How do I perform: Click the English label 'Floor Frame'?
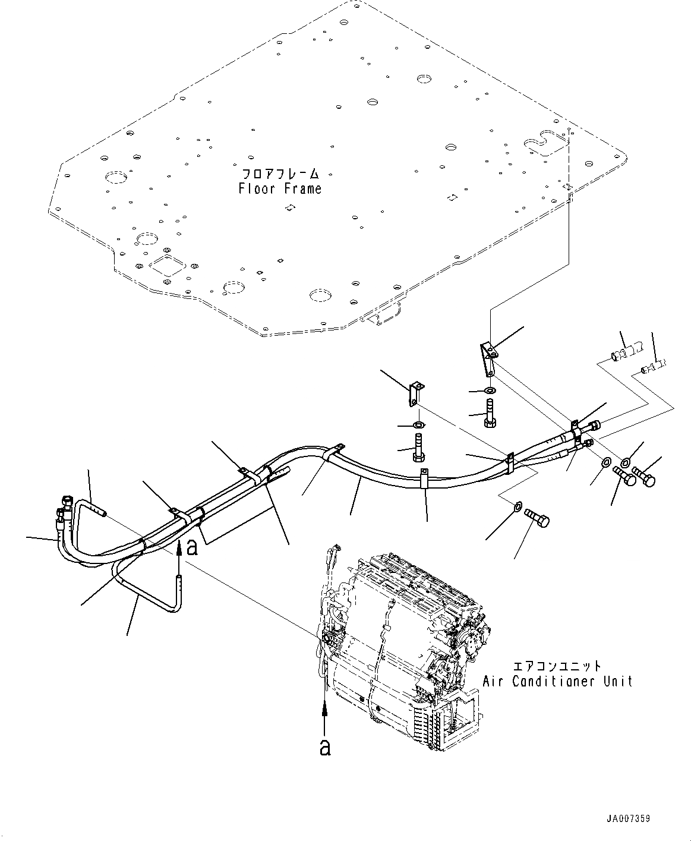(x=280, y=189)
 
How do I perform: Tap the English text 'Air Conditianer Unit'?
(x=557, y=681)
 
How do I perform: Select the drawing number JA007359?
(x=629, y=818)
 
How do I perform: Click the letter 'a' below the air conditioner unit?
(x=324, y=747)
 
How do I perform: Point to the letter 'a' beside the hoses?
(x=192, y=547)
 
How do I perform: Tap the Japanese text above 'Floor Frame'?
(x=280, y=175)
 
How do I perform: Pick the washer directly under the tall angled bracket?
(x=491, y=390)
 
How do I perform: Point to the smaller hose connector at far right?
(x=654, y=366)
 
